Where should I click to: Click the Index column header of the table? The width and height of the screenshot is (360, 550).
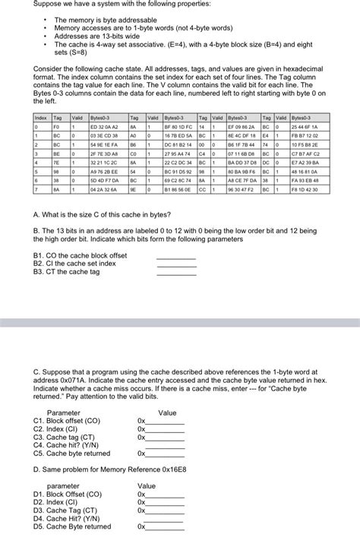(x=40, y=118)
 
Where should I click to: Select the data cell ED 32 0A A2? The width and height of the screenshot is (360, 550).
(x=104, y=126)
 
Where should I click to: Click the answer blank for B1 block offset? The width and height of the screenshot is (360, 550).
(x=175, y=257)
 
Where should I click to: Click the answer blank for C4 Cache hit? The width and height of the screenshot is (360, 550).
(x=161, y=445)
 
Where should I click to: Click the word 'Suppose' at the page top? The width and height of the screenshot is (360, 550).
(x=49, y=4)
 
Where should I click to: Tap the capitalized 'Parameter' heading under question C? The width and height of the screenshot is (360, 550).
(x=64, y=412)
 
